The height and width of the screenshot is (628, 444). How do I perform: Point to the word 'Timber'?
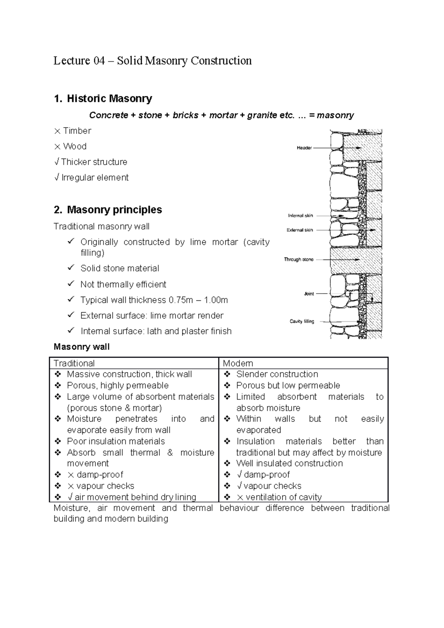(x=77, y=131)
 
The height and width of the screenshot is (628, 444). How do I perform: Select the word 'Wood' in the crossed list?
(x=75, y=146)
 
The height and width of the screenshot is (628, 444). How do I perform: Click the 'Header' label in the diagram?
(x=304, y=148)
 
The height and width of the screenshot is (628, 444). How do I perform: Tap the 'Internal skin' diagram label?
(x=300, y=216)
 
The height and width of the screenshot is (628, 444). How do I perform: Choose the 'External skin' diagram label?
(x=300, y=230)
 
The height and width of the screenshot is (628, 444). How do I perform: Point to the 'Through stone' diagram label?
(x=299, y=260)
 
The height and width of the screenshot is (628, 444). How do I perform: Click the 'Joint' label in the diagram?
(x=309, y=294)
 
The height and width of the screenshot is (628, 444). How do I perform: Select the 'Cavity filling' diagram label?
(x=302, y=321)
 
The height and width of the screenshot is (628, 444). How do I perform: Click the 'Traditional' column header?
(x=74, y=363)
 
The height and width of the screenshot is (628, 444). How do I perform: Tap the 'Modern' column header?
(x=238, y=363)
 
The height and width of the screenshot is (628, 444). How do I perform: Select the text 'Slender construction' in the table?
(x=277, y=374)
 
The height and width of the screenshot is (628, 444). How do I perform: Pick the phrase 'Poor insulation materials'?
(x=116, y=441)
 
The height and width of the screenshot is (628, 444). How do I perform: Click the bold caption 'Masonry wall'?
(x=81, y=347)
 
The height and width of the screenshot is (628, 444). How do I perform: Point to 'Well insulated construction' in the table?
(x=289, y=463)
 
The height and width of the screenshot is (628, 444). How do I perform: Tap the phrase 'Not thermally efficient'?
(x=123, y=284)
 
